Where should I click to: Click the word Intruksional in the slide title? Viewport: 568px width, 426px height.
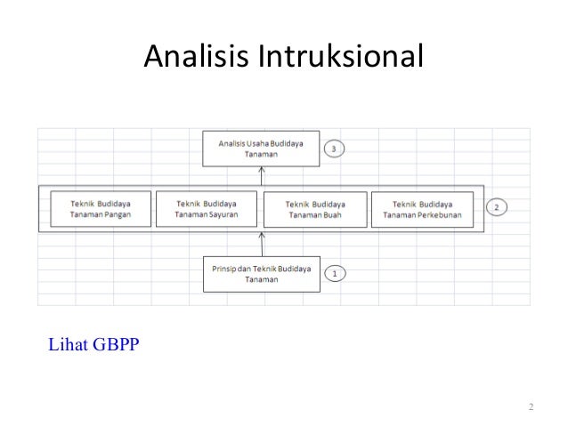point(341,58)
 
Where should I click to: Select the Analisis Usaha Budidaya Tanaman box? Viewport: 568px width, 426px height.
point(260,149)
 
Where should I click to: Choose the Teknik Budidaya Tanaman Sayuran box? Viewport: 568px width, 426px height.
point(207,208)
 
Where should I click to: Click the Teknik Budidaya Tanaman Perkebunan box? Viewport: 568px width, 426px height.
point(421,209)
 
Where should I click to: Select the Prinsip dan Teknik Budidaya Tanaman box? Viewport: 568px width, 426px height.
point(260,274)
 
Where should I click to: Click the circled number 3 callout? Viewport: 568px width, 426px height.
point(334,149)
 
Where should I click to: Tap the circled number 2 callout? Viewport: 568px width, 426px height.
point(497,208)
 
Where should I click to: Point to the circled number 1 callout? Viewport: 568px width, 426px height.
point(335,274)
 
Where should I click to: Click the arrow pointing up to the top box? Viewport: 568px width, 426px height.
point(260,177)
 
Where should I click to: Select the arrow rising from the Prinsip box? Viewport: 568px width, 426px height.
point(260,243)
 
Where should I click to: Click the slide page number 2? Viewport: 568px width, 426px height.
point(530,408)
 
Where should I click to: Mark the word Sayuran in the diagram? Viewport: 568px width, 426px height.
point(223,214)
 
